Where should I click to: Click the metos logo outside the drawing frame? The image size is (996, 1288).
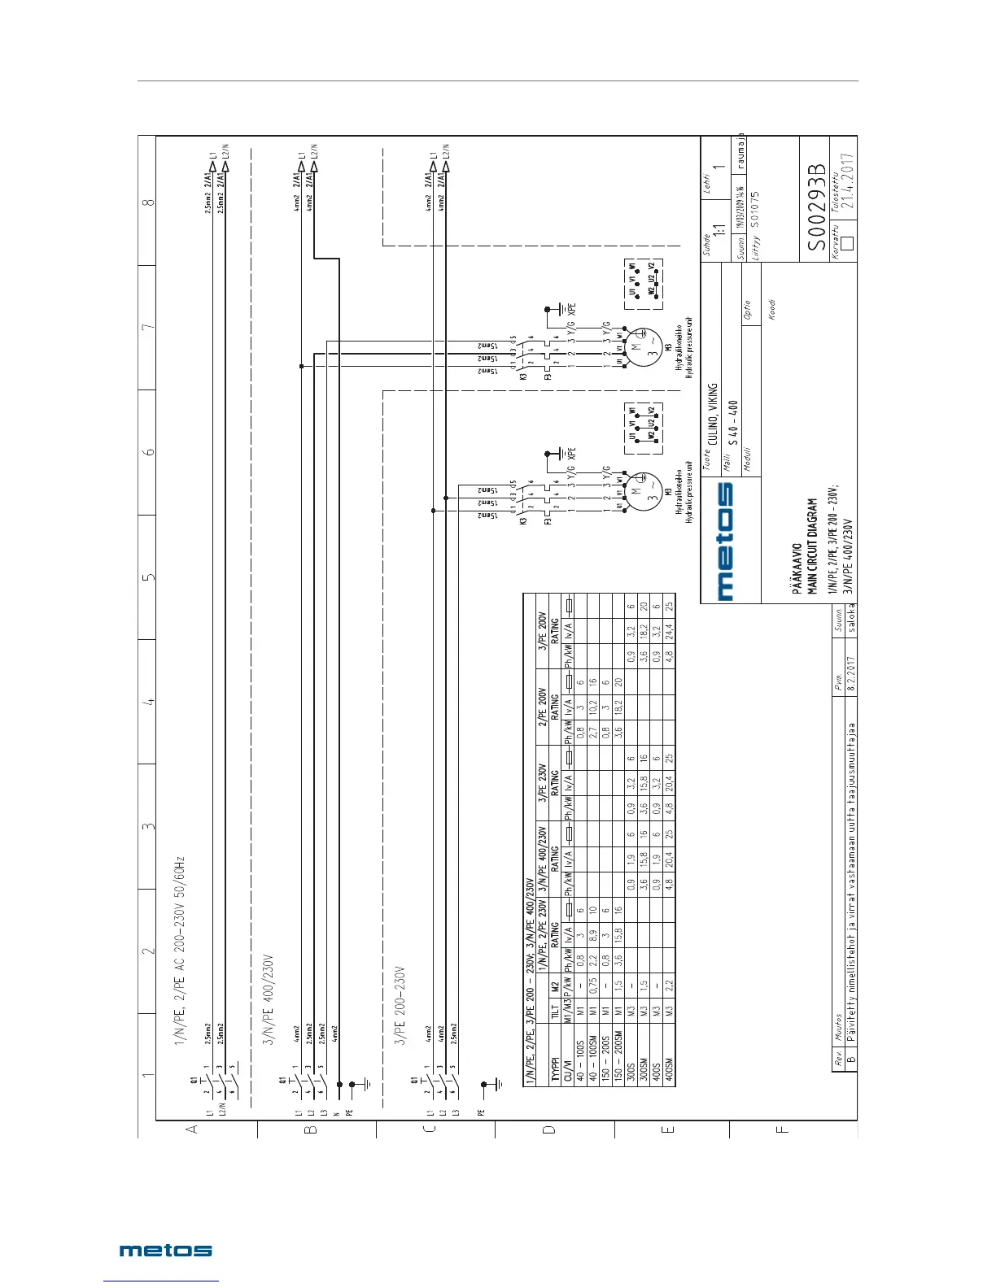click(166, 1251)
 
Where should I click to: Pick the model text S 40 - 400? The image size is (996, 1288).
click(733, 423)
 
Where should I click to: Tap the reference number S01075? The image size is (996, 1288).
click(755, 207)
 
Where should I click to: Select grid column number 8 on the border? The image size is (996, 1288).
click(146, 201)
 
